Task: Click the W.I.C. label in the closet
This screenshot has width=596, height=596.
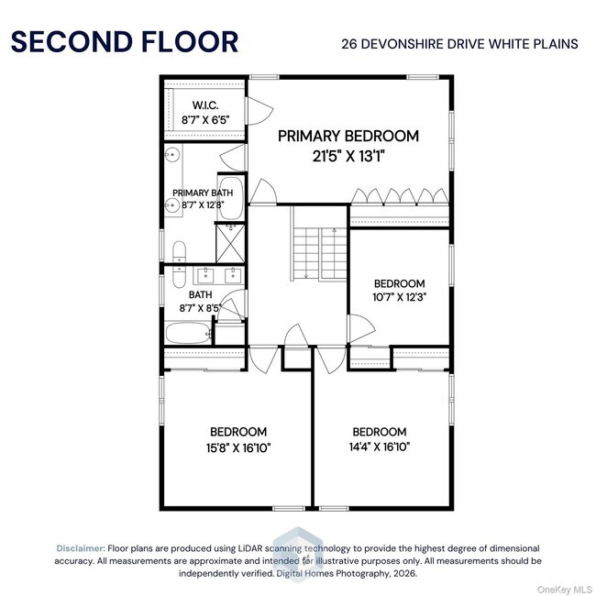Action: tap(204, 105)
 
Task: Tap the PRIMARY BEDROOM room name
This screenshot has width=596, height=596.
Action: tap(348, 136)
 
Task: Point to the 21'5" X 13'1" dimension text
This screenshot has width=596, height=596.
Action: tap(348, 156)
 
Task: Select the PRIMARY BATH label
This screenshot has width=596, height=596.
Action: tap(203, 193)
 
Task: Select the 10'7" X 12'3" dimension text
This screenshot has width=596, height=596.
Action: tap(399, 297)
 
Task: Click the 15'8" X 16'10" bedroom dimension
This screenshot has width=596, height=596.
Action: tap(238, 447)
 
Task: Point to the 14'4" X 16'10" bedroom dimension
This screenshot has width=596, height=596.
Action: tap(379, 447)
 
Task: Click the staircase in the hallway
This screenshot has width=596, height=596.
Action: tap(307, 245)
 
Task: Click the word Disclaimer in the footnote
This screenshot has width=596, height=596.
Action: tap(81, 546)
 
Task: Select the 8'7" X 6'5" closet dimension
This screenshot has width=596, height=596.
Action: tap(204, 118)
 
